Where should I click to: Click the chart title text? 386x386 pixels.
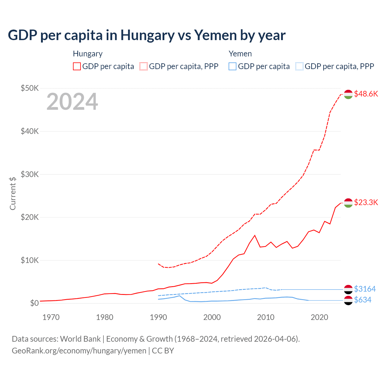point(147,35)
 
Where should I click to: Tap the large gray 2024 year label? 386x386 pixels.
point(72,102)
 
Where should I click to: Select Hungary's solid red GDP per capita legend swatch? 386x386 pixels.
point(77,66)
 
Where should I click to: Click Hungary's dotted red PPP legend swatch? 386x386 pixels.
point(144,66)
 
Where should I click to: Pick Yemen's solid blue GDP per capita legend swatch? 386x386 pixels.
point(233,66)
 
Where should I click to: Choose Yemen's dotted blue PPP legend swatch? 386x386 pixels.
point(299,66)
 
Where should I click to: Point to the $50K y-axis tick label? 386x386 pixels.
point(30,88)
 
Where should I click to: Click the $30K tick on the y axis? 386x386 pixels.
point(30,174)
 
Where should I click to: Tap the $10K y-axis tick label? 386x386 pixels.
point(30,260)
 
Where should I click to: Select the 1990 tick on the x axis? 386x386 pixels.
point(158,317)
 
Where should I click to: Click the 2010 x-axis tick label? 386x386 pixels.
point(266,317)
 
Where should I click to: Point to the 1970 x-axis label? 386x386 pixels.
point(51,317)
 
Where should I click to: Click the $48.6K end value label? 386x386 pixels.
point(366,94)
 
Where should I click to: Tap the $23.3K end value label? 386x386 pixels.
point(366,202)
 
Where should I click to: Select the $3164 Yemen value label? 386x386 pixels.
point(365,289)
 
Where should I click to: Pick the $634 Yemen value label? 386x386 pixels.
point(362,300)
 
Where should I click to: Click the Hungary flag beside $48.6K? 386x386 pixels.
point(348,94)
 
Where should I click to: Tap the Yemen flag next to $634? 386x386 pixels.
point(348,300)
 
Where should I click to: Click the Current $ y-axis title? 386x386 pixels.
point(13,193)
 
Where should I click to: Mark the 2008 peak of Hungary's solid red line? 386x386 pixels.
point(255,235)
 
